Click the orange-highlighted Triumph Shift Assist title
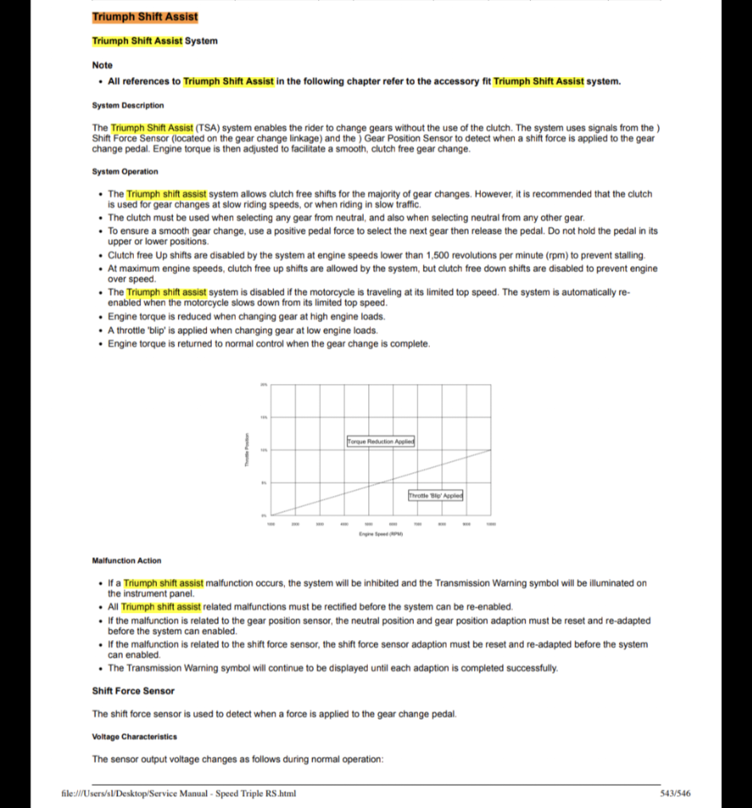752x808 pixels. [x=145, y=17]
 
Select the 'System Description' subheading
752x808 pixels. [x=128, y=105]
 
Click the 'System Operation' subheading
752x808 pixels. [x=125, y=172]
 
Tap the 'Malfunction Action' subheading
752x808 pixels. [x=126, y=561]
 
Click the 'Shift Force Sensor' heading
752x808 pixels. [x=133, y=691]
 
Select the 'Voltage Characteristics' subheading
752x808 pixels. [x=134, y=737]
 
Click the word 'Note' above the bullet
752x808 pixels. [x=102, y=65]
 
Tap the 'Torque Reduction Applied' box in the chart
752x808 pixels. [x=381, y=441]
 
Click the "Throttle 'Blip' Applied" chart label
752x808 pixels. [x=435, y=496]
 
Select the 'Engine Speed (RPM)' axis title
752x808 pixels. [x=381, y=534]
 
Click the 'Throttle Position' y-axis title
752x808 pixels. [x=247, y=450]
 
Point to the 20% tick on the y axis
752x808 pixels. [x=264, y=385]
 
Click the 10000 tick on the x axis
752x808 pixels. [x=491, y=524]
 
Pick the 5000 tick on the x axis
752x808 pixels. [x=368, y=524]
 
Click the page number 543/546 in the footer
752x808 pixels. [x=675, y=793]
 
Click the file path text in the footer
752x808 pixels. [x=178, y=793]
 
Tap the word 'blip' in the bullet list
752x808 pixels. [x=156, y=331]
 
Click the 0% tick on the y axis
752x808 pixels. [x=264, y=515]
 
